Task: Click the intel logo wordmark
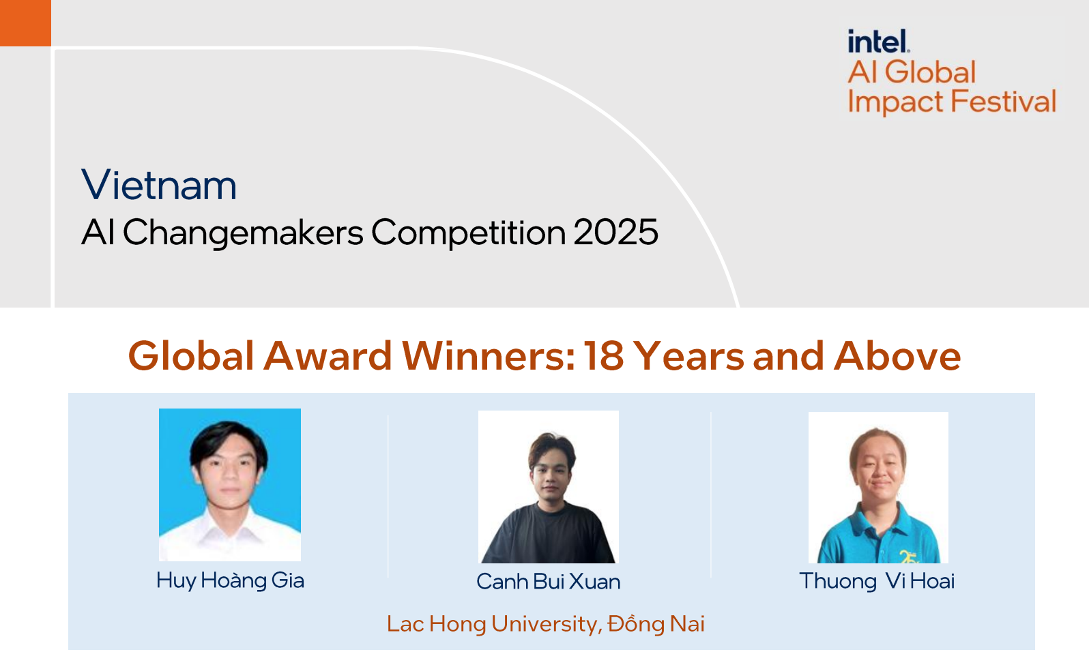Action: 878,42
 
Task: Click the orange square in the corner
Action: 25,23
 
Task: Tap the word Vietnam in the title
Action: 159,185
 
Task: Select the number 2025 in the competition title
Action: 615,233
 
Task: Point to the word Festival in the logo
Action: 1003,102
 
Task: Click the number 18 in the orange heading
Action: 604,356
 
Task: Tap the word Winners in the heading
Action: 489,356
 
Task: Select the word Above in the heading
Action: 897,356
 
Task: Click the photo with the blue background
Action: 230,485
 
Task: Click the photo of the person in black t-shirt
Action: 549,487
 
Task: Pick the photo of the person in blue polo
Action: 878,488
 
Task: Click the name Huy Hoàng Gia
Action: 231,580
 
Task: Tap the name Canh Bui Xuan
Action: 549,582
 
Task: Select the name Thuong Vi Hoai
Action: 877,581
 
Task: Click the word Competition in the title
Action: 469,233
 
